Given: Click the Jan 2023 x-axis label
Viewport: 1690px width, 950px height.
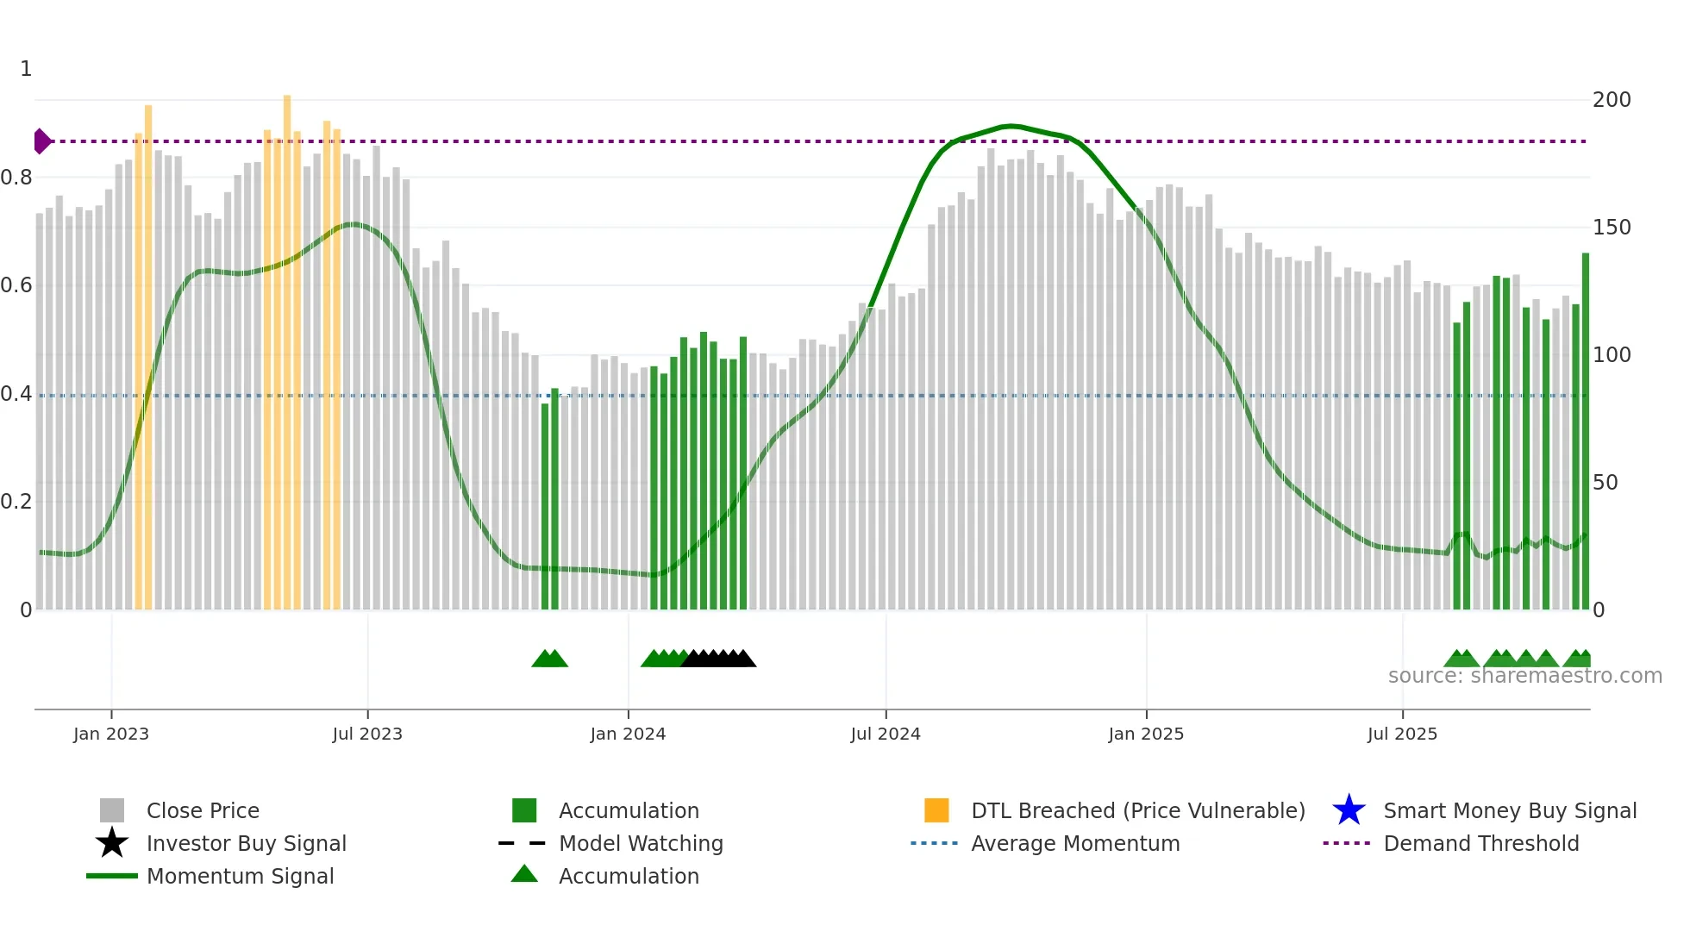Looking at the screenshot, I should tap(111, 734).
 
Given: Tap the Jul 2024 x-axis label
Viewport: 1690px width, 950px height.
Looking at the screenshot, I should tap(886, 734).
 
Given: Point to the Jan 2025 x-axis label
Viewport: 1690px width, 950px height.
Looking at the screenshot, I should tap(1146, 734).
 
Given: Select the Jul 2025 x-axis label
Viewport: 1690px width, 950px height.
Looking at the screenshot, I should tap(1402, 734).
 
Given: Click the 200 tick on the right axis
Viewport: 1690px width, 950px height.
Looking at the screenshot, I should tap(1612, 100).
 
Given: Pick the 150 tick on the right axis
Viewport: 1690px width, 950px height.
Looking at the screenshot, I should tap(1612, 228).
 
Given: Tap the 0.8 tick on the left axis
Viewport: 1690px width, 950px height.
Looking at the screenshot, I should tap(16, 178).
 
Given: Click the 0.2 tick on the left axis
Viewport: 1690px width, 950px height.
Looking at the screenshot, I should tap(16, 502).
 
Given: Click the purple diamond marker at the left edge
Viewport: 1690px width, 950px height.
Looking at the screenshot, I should tap(41, 141).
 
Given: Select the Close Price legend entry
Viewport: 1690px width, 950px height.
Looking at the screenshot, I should tap(203, 811).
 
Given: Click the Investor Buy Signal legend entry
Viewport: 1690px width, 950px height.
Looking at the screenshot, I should tap(246, 844).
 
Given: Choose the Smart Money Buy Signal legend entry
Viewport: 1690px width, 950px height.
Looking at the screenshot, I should tap(1510, 811).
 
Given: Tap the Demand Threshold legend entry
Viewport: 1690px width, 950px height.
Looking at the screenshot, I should tap(1480, 844).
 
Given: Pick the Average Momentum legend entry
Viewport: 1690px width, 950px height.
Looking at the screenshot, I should tap(1075, 844).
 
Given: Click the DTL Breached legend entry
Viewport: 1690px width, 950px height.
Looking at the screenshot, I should tap(1137, 811).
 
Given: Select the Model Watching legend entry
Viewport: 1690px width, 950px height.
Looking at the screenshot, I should tap(641, 844).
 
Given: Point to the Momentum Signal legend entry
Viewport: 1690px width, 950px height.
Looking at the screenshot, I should tap(240, 877).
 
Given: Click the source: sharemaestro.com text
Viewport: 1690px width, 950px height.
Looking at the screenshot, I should tap(1524, 676).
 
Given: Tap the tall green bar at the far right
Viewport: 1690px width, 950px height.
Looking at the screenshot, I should tap(1585, 431).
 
